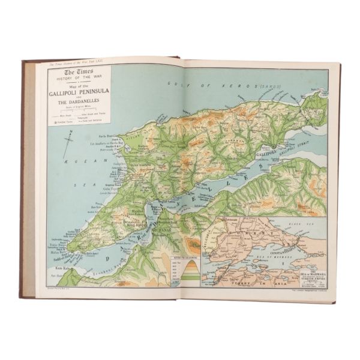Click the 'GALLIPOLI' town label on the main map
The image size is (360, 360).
(x=266, y=154)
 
